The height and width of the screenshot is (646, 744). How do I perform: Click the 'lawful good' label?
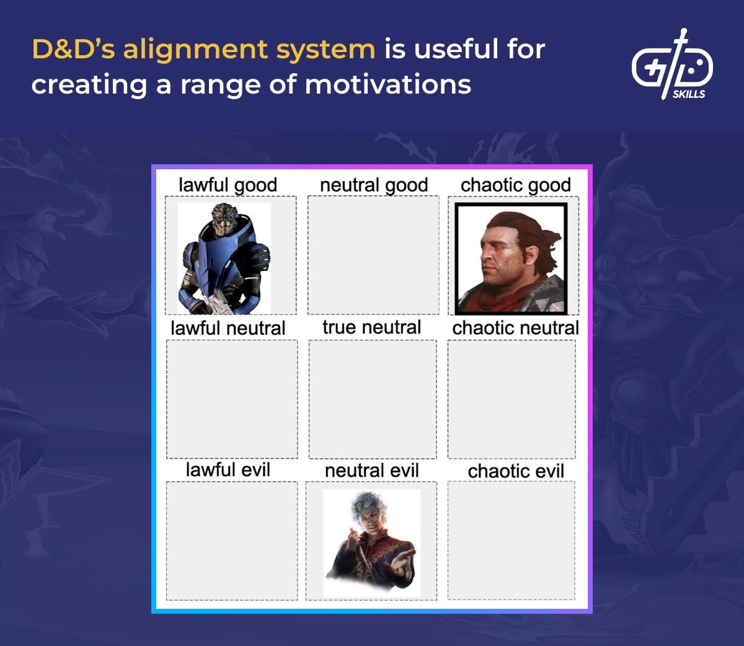tap(228, 185)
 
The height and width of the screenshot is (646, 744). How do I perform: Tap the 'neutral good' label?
tap(374, 185)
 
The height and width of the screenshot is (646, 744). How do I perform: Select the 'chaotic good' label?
tap(515, 185)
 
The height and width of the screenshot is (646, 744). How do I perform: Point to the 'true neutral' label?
tap(371, 327)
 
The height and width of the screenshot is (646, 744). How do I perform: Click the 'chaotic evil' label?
tap(516, 471)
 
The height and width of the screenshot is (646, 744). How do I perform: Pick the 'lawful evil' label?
tap(228, 470)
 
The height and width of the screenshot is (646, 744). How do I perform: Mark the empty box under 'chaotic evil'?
tap(511, 541)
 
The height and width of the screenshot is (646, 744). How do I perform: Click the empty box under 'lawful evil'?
tap(231, 541)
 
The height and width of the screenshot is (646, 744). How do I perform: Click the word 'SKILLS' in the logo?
tap(689, 94)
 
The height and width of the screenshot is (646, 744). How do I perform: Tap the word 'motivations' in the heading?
tap(388, 84)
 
